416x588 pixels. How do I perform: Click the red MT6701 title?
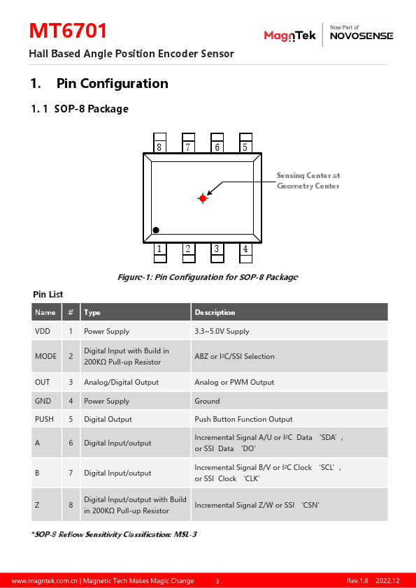[x=68, y=31]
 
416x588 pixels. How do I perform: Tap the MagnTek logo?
[x=290, y=36]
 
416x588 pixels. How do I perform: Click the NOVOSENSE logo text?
[x=361, y=36]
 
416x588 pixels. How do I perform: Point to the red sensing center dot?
[x=203, y=198]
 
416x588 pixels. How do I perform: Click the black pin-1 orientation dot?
[x=156, y=230]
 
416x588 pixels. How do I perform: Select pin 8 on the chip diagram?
[x=159, y=143]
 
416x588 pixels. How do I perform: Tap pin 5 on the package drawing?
[x=245, y=143]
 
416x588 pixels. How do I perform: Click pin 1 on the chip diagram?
[x=160, y=253]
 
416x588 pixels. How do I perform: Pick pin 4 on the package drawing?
[x=245, y=253]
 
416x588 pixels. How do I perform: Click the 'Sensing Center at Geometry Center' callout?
[x=308, y=181]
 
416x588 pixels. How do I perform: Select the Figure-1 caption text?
[x=208, y=277]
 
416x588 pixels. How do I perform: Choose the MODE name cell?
[x=46, y=356]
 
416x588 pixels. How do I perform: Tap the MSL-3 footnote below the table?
[x=114, y=534]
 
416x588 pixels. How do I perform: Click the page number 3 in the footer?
[x=217, y=581]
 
